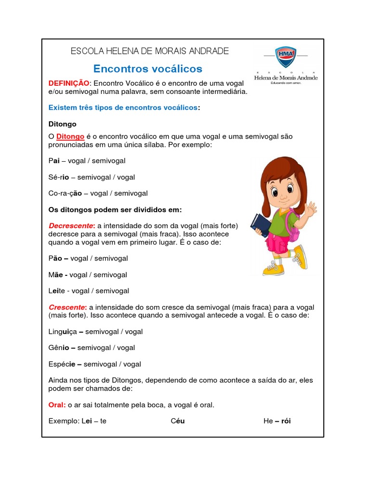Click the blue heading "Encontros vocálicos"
click(147, 69)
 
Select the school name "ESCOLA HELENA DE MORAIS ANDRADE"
click(150, 51)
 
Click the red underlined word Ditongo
click(70, 136)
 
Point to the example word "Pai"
click(54, 161)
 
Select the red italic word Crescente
click(67, 307)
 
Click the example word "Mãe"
click(56, 274)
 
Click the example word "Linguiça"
click(62, 332)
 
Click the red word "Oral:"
click(57, 405)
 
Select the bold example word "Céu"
click(178, 421)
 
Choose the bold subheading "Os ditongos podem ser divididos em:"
click(115, 210)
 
